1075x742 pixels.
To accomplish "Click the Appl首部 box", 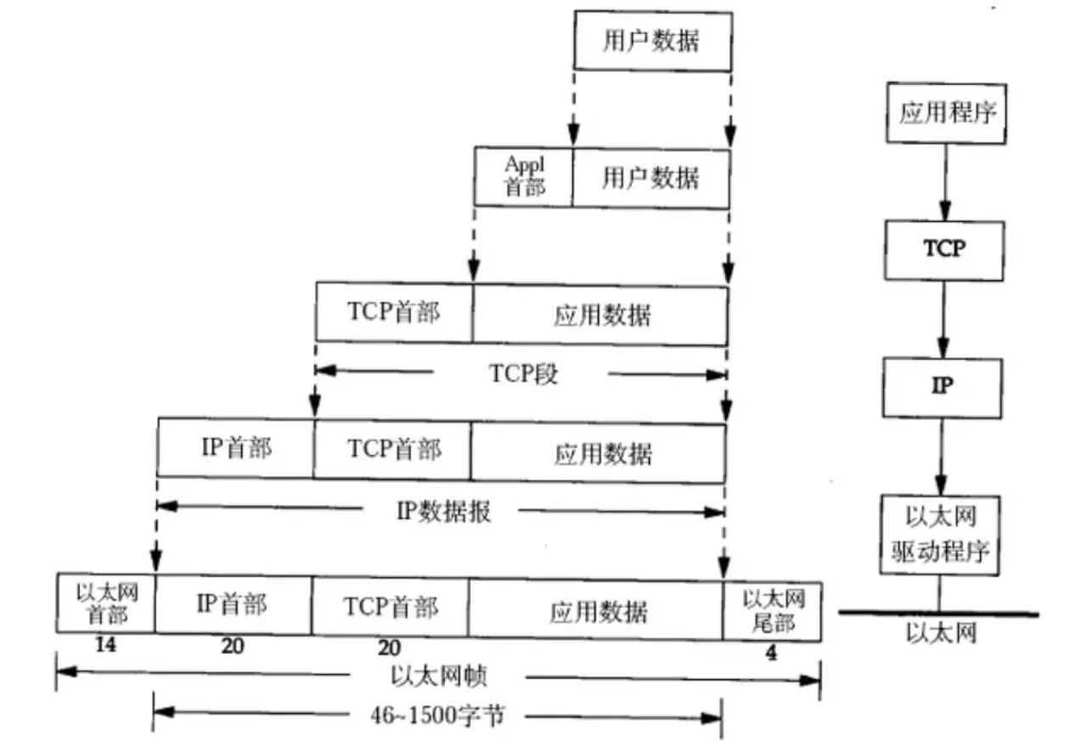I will point(523,177).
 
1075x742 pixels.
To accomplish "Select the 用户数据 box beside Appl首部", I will point(650,177).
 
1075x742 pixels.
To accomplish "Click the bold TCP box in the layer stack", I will point(943,250).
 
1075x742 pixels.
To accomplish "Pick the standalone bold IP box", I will point(943,386).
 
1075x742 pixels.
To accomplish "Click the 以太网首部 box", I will point(106,603).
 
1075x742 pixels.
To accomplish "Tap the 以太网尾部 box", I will point(772,610).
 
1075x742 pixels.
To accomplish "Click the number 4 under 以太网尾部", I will point(771,654).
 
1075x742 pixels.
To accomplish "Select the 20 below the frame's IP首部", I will point(233,647).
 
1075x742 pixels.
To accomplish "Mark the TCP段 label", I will point(523,374).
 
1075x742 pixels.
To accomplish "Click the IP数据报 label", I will point(443,512).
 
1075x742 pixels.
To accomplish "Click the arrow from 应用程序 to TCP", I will point(945,182).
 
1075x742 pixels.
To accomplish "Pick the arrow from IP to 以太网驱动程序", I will point(942,456).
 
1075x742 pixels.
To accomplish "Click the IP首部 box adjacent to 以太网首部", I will point(233,605).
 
